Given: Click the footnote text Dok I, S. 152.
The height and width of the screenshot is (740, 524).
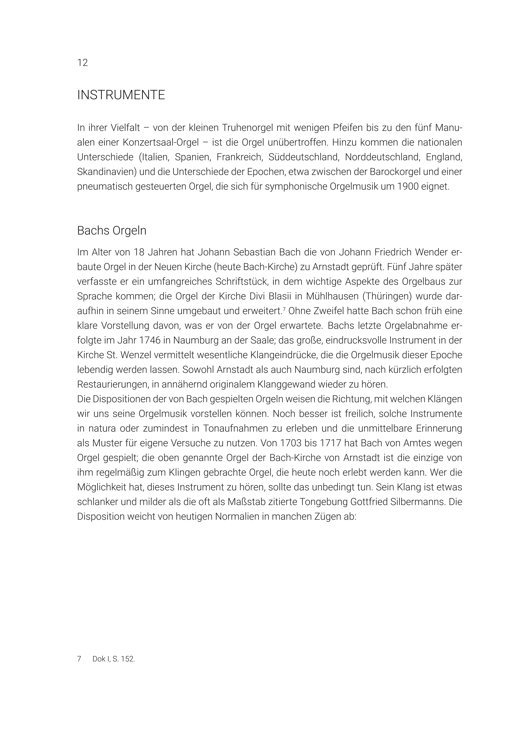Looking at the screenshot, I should pyautogui.click(x=114, y=659).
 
